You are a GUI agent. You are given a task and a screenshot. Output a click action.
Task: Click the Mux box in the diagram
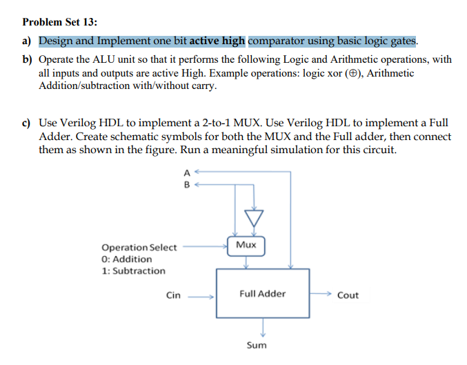[246, 245]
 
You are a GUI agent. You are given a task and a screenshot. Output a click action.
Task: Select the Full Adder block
[263, 294]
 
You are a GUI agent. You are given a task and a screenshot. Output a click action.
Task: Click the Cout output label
[348, 295]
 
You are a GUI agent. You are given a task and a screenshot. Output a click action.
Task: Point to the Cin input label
[174, 295]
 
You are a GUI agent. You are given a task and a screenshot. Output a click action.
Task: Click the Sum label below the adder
[256, 344]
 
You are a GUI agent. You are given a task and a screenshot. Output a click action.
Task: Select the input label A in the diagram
[186, 172]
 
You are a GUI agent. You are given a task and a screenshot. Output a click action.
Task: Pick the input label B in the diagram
[186, 184]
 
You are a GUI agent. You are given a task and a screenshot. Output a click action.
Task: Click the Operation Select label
[139, 247]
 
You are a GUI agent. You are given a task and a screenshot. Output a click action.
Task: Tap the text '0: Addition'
[127, 259]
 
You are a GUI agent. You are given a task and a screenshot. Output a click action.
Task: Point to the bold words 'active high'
[219, 41]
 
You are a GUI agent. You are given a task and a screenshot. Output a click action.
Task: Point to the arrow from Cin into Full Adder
[204, 295]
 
